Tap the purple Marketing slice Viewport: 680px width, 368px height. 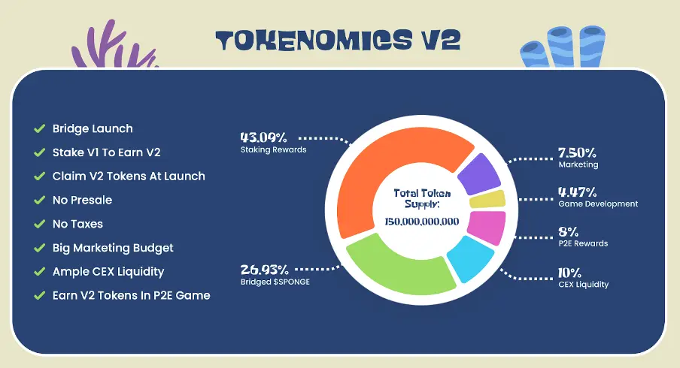point(479,174)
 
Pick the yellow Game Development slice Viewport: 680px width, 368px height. point(487,199)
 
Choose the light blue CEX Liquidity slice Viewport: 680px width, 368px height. point(469,258)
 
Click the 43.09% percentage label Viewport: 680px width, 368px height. point(264,137)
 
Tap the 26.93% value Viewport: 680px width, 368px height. point(265,270)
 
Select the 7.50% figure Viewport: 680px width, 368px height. point(577,152)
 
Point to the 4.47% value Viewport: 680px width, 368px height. point(578,192)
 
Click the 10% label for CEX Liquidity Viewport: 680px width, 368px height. point(569,273)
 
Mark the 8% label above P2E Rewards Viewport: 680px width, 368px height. point(569,232)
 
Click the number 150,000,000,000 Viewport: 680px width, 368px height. point(422,222)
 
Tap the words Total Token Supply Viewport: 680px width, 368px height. point(422,199)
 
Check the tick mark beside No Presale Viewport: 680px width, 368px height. point(39,200)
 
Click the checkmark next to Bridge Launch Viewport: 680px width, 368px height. point(39,128)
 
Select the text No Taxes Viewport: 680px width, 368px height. point(77,224)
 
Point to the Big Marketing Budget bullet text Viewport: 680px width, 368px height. point(113,248)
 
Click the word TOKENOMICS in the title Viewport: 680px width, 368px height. point(314,41)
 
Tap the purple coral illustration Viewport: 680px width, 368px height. point(114,46)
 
